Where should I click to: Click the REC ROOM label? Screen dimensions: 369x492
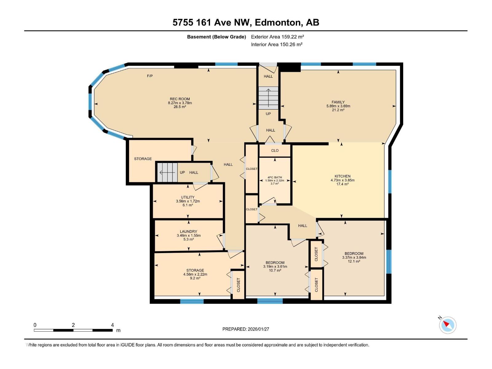[180, 99]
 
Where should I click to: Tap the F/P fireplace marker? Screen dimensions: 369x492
[150, 76]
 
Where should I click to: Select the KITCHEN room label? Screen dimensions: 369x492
[343, 176]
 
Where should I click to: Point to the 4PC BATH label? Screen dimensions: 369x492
[275, 177]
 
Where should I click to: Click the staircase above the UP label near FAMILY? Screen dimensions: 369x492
[268, 98]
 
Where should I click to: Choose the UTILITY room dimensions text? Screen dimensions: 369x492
[188, 201]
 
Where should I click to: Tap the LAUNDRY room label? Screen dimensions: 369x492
[188, 232]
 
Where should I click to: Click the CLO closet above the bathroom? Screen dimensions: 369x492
[275, 151]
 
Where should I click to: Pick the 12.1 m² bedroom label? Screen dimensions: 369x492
[354, 254]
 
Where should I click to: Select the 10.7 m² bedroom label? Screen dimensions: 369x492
[275, 263]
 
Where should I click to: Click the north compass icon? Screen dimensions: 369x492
[447, 325]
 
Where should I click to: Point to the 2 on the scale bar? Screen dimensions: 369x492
[73, 325]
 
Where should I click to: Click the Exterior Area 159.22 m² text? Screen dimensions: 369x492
[277, 37]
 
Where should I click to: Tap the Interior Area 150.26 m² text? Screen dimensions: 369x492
[276, 44]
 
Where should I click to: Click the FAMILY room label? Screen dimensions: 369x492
[338, 102]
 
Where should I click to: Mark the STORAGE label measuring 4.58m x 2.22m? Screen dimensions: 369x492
[195, 271]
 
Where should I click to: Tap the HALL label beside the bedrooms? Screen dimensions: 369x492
[303, 226]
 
